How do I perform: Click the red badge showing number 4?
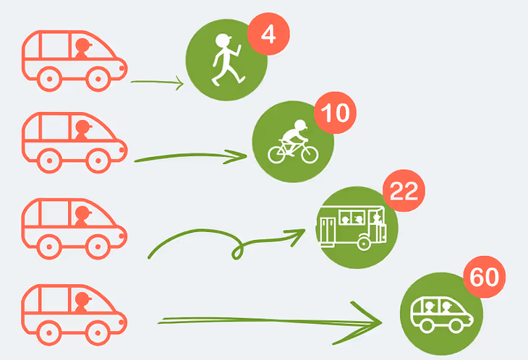coord(268,35)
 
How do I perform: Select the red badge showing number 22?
coord(404,192)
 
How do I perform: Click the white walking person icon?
coord(225,61)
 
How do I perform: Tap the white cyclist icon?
coord(293,142)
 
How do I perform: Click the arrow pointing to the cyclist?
coord(192,157)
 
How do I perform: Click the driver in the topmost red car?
coord(82,50)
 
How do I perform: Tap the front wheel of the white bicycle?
coord(309,154)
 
